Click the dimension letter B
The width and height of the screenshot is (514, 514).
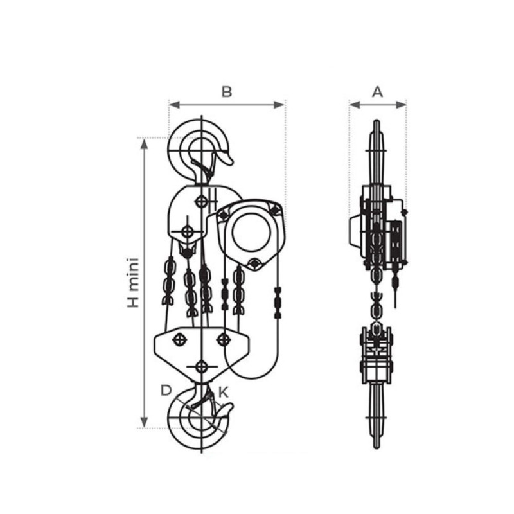[x=227, y=92]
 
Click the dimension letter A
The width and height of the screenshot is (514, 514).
[x=378, y=92]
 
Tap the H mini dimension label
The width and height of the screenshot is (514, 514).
[x=134, y=283]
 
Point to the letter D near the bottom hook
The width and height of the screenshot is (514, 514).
[x=166, y=391]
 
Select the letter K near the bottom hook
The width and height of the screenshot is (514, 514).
[x=223, y=392]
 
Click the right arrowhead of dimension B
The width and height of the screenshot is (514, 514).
[x=279, y=105]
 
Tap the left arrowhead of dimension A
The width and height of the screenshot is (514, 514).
[x=355, y=105]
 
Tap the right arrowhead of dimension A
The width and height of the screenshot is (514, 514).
[x=401, y=105]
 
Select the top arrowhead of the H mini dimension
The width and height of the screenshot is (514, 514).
[x=144, y=143]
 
